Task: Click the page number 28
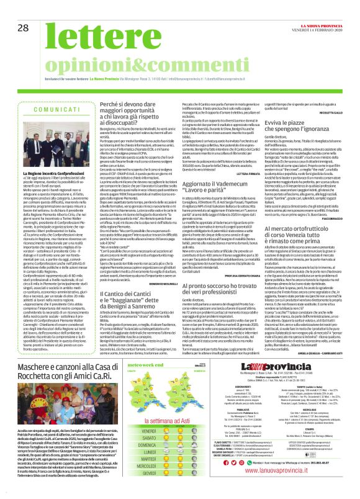(24, 28)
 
